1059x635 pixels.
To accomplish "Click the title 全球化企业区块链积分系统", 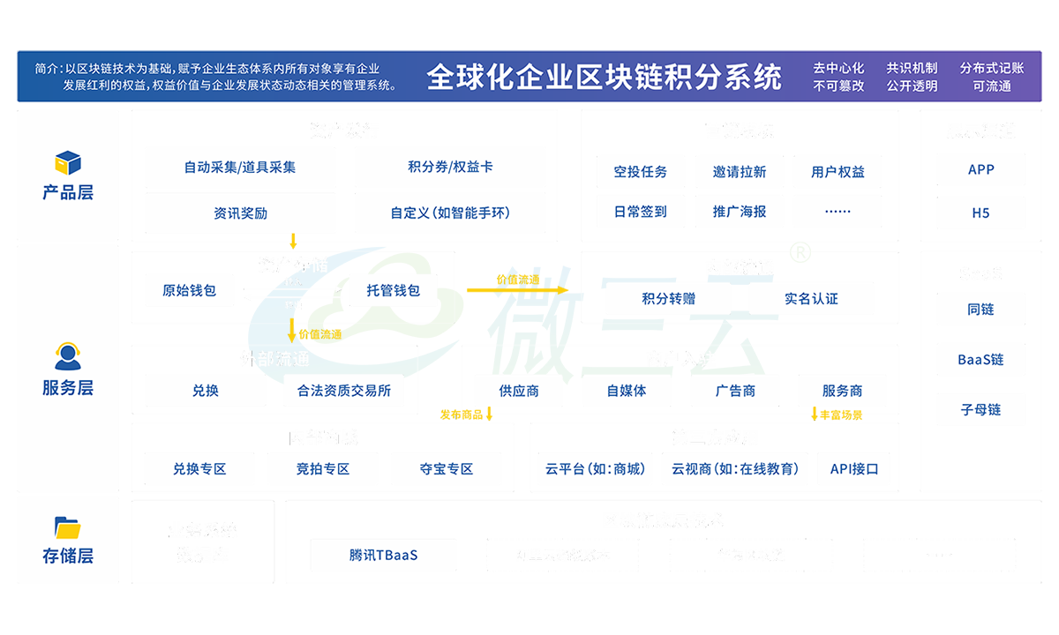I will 604,77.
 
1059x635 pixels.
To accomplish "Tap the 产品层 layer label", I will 68,192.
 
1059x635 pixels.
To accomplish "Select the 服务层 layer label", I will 68,387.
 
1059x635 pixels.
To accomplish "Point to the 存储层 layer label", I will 68,556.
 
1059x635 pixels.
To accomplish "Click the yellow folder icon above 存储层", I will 68,527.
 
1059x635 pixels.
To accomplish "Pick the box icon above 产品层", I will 68,162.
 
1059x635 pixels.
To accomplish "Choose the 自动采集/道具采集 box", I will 240,167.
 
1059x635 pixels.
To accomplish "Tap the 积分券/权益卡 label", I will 450,167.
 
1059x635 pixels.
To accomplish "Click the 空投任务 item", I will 641,172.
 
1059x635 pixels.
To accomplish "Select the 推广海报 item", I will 740,212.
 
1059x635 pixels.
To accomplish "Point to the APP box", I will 980,169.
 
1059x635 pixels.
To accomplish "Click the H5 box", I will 980,213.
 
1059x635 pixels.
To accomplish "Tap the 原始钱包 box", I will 189,290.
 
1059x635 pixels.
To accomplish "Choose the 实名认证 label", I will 811,299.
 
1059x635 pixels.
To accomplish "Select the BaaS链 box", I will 980,360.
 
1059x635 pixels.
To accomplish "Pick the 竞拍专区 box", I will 323,469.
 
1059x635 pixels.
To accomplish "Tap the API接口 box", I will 854,469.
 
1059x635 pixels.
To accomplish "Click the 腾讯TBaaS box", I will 383,556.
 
